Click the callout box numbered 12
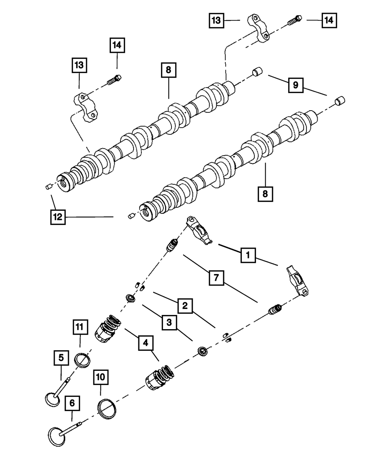58,217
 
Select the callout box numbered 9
296,85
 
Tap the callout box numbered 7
217,278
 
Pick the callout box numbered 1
248,255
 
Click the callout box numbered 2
185,306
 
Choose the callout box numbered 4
146,343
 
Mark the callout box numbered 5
61,358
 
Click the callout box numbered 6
72,403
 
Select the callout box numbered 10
101,377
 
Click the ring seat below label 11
82,360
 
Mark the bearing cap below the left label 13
85,107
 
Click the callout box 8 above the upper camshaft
169,70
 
